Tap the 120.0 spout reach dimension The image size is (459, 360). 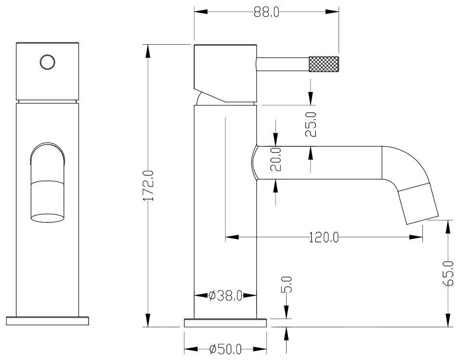tap(323, 237)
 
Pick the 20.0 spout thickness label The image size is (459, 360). tap(275, 160)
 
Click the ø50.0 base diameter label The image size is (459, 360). tap(225, 350)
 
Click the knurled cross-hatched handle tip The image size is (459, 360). tap(324, 64)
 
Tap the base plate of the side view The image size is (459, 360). tap(225, 322)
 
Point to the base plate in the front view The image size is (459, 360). tap(47, 321)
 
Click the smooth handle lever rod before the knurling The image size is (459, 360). tap(282, 64)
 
